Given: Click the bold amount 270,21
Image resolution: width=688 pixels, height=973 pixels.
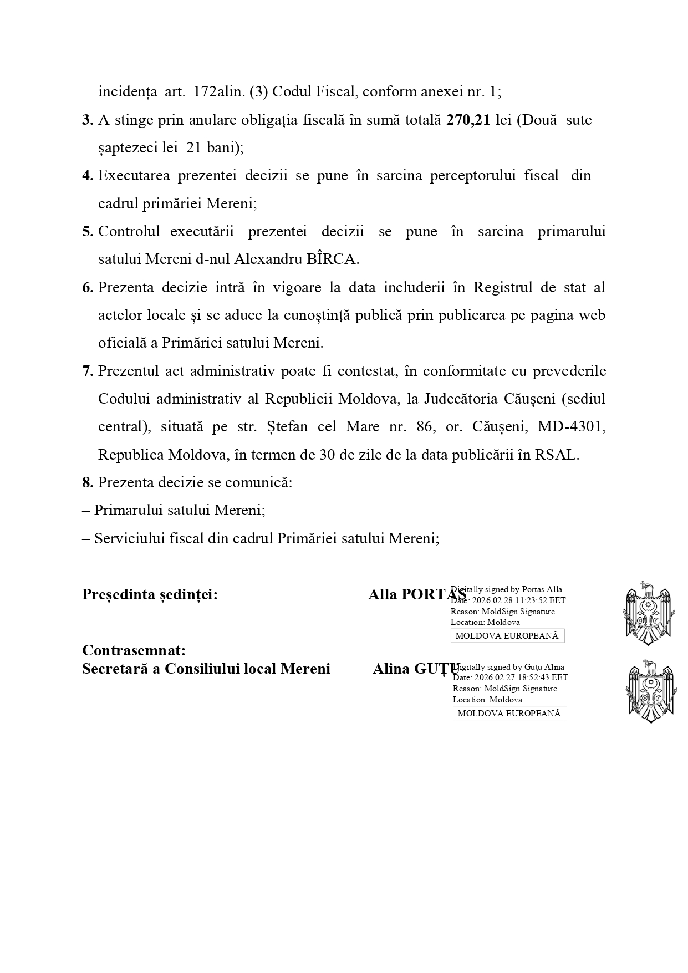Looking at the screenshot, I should coord(468,120).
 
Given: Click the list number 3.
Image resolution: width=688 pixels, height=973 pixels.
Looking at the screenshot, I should coord(88,120).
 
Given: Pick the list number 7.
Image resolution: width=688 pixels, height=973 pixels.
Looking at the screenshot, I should coord(88,371).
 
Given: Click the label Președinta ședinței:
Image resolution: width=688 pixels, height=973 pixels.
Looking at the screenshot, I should coord(150,594).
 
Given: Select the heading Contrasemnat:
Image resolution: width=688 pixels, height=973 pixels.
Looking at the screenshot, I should coord(134,650).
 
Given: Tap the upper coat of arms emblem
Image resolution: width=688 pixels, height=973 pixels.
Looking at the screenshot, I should coord(648,613).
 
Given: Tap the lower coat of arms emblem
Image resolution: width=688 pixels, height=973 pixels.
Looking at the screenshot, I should coord(650,691).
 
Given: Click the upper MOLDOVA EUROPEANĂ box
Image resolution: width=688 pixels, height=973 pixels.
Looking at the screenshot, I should coord(507,636).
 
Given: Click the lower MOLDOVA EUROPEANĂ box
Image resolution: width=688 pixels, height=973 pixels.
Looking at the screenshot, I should coord(509,714).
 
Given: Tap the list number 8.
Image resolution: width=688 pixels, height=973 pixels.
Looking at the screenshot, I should coord(88,482).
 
